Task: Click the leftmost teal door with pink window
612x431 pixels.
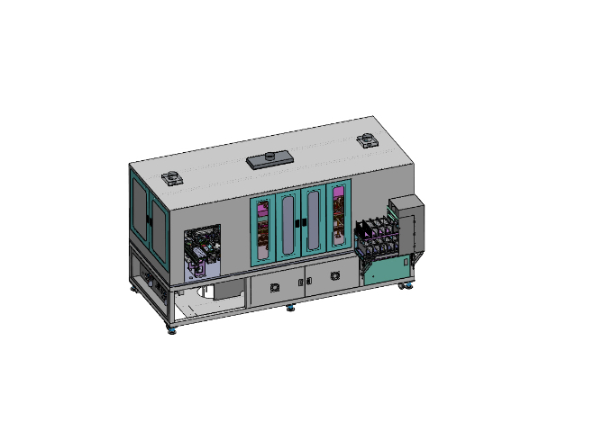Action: tap(262, 230)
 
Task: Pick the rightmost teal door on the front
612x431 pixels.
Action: tap(338, 220)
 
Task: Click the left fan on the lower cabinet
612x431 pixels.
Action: tap(272, 287)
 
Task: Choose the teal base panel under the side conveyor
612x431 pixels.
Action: tap(386, 269)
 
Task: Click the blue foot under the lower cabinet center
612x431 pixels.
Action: tap(289, 308)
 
